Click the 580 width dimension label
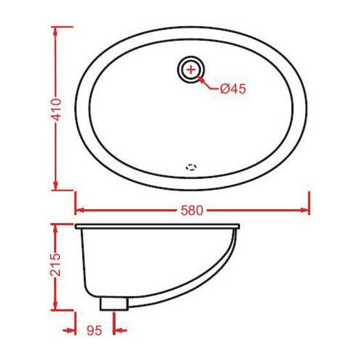pyautogui.click(x=193, y=210)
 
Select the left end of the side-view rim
pyautogui.click(x=76, y=226)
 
